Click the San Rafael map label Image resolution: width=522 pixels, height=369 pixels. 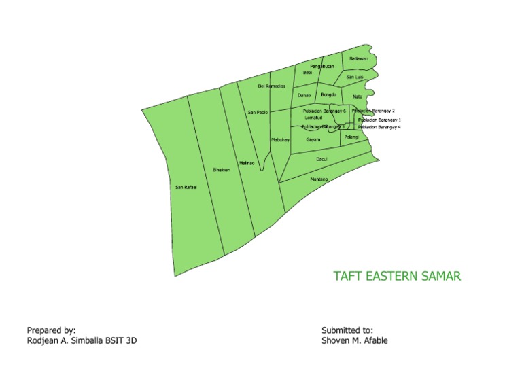pyautogui.click(x=186, y=187)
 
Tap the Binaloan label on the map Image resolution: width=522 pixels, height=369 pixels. pyautogui.click(x=222, y=170)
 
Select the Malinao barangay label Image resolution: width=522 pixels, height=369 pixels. pyautogui.click(x=246, y=163)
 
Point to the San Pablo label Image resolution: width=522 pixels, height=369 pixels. pyautogui.click(x=258, y=111)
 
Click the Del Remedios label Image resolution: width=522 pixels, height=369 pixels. pyautogui.click(x=271, y=87)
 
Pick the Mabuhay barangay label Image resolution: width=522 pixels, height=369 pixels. pyautogui.click(x=281, y=139)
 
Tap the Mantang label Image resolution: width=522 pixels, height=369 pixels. pyautogui.click(x=319, y=179)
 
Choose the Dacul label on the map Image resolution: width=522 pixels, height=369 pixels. pyautogui.click(x=322, y=159)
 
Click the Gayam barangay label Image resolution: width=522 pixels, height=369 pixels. pyautogui.click(x=313, y=139)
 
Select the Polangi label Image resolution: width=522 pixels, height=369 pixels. pyautogui.click(x=351, y=137)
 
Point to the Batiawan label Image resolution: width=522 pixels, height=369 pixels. pyautogui.click(x=358, y=59)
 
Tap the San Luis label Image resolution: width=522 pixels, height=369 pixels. pyautogui.click(x=355, y=77)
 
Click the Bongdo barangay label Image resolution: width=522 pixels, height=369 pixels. pyautogui.click(x=329, y=95)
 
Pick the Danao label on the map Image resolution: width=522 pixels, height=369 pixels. pyautogui.click(x=304, y=96)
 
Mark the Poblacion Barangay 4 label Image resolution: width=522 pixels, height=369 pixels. pyautogui.click(x=379, y=127)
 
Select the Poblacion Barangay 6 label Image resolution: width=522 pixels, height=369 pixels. pyautogui.click(x=324, y=110)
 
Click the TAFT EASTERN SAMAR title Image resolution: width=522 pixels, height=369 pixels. pyautogui.click(x=397, y=277)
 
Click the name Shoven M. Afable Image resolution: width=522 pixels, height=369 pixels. pyautogui.click(x=355, y=340)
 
